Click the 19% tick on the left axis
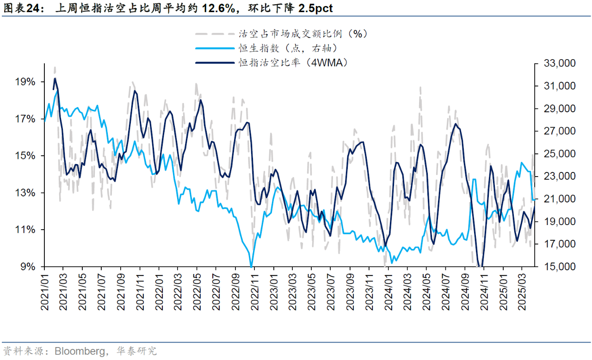(x=25, y=82)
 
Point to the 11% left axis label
(x=25, y=230)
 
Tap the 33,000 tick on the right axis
(x=555, y=63)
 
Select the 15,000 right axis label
(x=555, y=267)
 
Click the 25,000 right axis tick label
(x=555, y=154)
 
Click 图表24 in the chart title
(x=17, y=8)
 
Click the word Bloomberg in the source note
(x=80, y=351)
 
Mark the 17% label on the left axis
(x=25, y=119)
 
